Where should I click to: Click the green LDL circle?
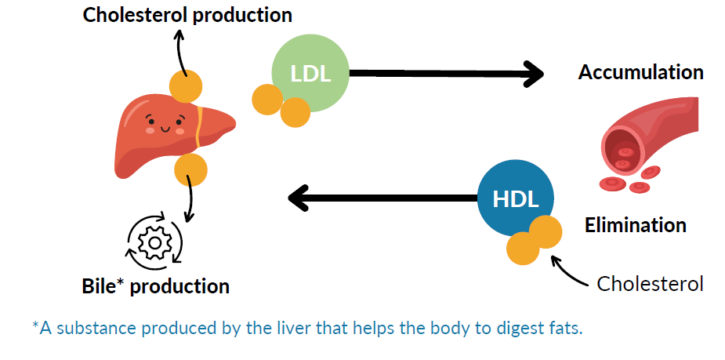click(x=310, y=73)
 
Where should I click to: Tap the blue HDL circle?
click(x=516, y=199)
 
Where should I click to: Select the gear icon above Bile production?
click(x=155, y=242)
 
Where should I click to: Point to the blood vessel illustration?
click(x=648, y=144)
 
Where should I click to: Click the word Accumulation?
click(x=641, y=73)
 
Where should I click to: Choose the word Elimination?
click(x=636, y=225)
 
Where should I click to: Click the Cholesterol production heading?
click(x=187, y=15)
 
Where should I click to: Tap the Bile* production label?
click(x=156, y=286)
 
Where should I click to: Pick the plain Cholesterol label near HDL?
click(x=650, y=284)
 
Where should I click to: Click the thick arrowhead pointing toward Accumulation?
click(x=534, y=74)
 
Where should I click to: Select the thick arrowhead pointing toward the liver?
click(x=299, y=198)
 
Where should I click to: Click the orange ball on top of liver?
click(x=186, y=86)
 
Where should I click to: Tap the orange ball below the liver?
click(x=190, y=170)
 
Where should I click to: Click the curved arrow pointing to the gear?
click(x=190, y=199)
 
